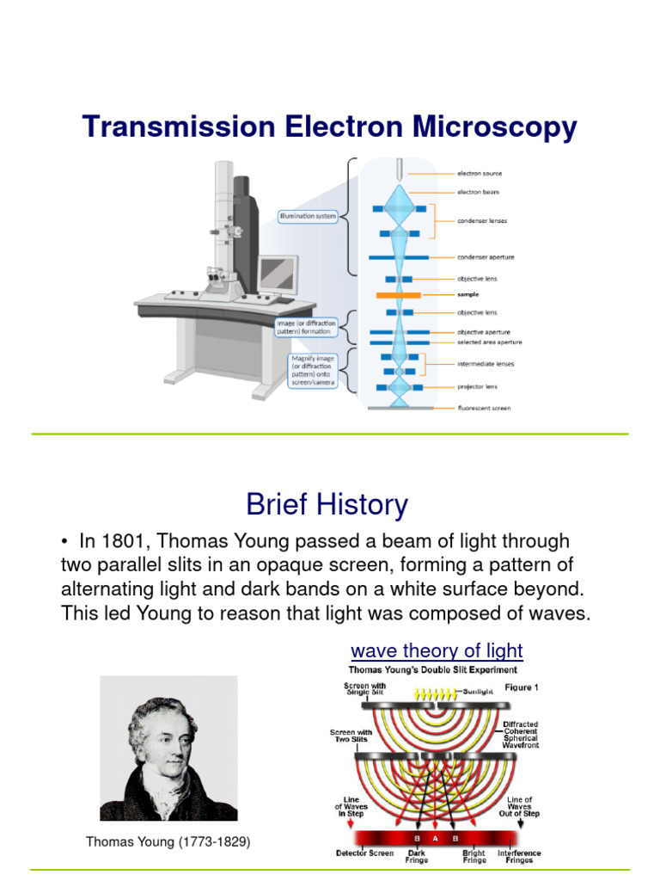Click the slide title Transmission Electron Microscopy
click(x=330, y=127)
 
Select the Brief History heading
click(x=327, y=504)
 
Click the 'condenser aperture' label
click(x=486, y=256)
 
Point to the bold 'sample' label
click(x=468, y=294)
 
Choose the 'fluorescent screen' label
click(x=484, y=408)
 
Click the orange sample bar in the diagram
click(x=398, y=294)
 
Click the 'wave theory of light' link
click(x=437, y=650)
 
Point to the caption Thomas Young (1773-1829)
click(x=168, y=842)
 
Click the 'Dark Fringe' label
click(x=416, y=857)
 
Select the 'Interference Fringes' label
click(x=519, y=857)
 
